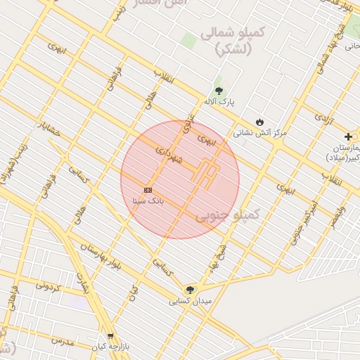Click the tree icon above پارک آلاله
[219, 91]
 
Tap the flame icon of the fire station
[259, 121]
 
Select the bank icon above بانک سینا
[148, 190]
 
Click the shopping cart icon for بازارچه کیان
[110, 336]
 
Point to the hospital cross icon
[348, 136]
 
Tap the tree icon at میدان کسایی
[189, 290]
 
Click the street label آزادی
[323, 117]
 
